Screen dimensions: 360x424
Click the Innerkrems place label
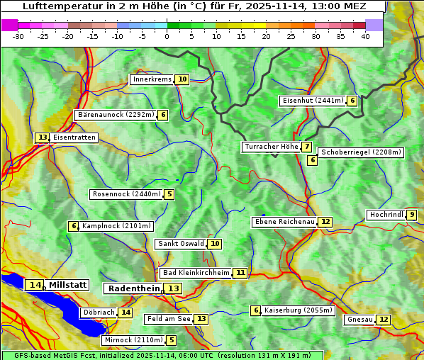tap(152, 79)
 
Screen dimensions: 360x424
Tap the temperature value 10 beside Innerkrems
tap(182, 79)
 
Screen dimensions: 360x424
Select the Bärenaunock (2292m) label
tap(115, 114)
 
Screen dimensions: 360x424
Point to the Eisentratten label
tap(74, 137)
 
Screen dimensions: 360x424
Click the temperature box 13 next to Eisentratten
tap(43, 137)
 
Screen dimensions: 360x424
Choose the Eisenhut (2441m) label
tap(313, 101)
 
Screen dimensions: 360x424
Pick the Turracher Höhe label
tap(271, 147)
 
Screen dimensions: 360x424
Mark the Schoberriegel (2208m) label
tap(361, 152)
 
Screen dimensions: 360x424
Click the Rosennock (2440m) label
tap(127, 193)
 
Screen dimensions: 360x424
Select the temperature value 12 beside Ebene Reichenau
tap(325, 222)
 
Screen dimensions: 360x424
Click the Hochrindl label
tap(386, 215)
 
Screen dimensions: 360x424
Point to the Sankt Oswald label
tap(181, 244)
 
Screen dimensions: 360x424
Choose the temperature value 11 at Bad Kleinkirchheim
tap(240, 273)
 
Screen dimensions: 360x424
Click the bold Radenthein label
tap(134, 288)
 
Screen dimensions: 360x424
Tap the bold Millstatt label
tap(68, 285)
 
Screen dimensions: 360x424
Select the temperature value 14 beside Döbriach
tap(125, 312)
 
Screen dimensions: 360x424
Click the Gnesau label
tap(359, 320)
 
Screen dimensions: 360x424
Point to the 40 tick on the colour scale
tap(365, 36)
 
